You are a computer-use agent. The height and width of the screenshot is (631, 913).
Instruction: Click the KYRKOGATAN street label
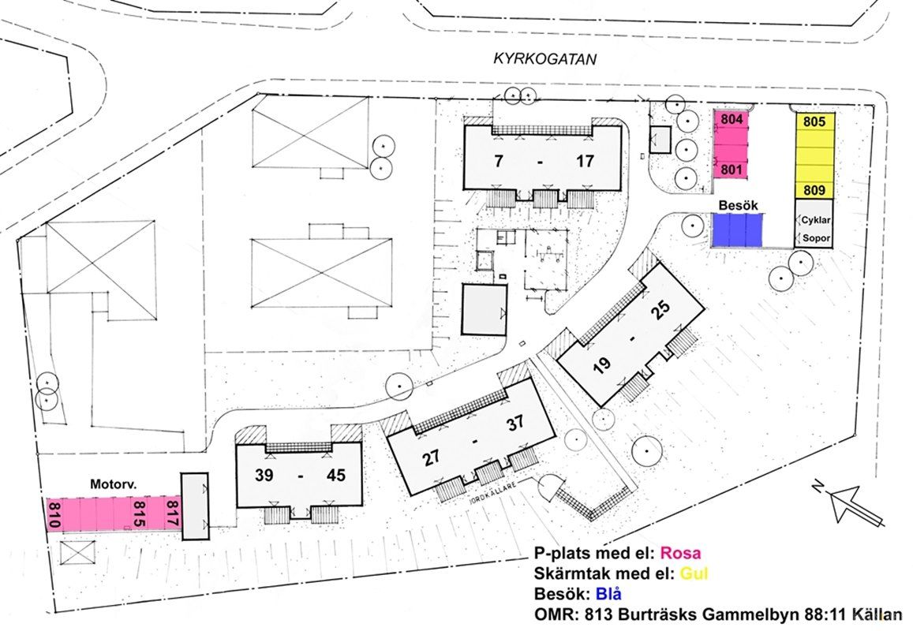coord(545,59)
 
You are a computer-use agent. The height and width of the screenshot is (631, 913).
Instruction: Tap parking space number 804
coord(732,119)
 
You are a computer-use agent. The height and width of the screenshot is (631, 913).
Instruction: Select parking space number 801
coord(732,170)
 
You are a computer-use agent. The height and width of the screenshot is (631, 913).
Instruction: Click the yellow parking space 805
coord(815,122)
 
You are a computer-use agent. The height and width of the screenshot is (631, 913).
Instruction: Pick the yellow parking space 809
coord(815,190)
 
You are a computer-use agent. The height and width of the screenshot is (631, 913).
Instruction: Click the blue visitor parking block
coord(738,230)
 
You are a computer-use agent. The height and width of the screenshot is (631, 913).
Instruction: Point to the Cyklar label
coord(816,220)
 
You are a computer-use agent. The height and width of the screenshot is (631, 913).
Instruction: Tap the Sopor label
coord(817,238)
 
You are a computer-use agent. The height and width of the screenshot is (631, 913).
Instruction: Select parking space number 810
coord(54,514)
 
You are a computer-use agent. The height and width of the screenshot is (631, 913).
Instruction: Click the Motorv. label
coord(110,484)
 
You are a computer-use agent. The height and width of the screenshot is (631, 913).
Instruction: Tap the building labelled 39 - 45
coord(299,475)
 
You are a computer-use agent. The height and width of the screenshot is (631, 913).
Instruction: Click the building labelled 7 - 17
coord(542,159)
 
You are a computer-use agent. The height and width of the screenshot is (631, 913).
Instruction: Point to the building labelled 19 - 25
coord(632,334)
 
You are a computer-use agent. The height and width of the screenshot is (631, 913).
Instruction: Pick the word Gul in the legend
coord(694,573)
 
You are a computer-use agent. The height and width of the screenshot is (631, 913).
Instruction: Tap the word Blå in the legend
coord(608,594)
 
